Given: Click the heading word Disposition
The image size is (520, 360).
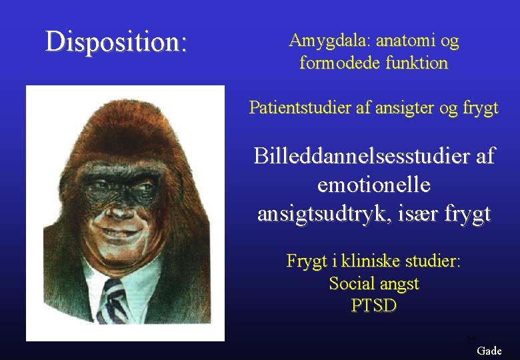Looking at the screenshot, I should [x=116, y=41].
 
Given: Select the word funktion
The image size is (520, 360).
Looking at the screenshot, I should [x=415, y=63].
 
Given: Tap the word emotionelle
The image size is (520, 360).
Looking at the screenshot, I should [x=374, y=185].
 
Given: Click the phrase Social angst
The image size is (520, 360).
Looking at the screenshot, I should [x=374, y=283].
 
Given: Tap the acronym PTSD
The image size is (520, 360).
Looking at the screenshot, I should [x=373, y=306].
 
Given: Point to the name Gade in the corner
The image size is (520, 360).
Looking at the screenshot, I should [x=489, y=351].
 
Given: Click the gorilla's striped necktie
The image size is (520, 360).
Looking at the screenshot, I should [x=113, y=300].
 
